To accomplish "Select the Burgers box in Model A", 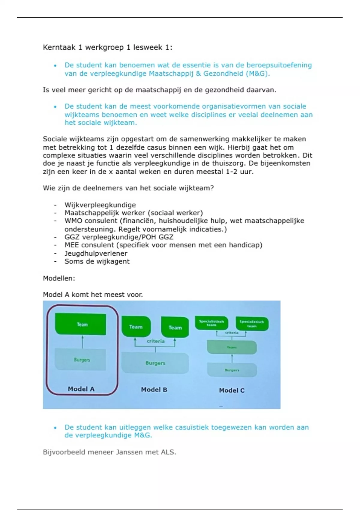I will [80, 359].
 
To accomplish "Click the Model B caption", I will [154, 390].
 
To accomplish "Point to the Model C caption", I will [232, 390].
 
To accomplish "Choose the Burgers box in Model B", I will [155, 363].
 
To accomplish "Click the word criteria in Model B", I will [155, 341].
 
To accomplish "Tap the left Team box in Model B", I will [136, 327].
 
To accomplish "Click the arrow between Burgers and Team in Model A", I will [82, 342].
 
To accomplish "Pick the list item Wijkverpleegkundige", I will [100, 205].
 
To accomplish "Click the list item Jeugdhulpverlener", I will [96, 253].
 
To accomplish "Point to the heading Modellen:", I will [59, 278].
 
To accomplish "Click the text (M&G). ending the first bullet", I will [258, 73].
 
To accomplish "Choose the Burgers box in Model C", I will [232, 370].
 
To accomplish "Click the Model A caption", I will [81, 389].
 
